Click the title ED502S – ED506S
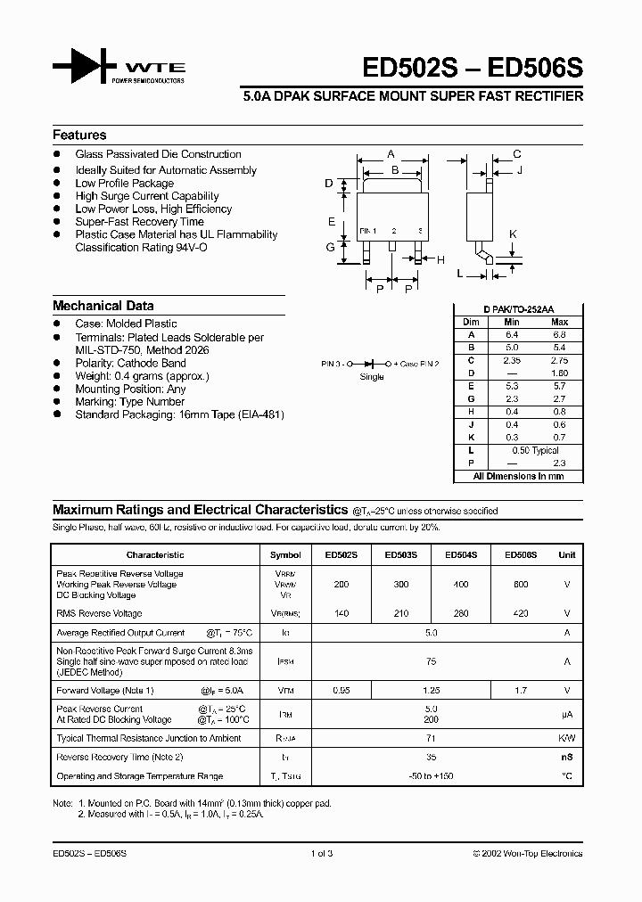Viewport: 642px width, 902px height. coord(472,69)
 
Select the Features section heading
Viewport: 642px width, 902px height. coord(79,135)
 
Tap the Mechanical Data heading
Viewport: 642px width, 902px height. coord(103,305)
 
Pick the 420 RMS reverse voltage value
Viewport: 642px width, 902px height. coord(521,613)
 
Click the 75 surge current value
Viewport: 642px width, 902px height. coord(432,662)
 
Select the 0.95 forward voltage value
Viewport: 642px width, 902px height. coord(341,690)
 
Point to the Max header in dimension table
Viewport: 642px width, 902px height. coord(559,322)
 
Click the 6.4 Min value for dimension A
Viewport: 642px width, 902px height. coord(511,334)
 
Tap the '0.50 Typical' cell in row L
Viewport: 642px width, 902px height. coord(535,451)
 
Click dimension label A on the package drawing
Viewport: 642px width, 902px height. coord(391,154)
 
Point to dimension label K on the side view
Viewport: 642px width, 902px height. coord(513,234)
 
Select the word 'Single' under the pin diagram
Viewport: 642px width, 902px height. coord(372,377)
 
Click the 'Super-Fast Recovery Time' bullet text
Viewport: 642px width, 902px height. coord(139,222)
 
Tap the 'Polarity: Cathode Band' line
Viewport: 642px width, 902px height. coord(130,364)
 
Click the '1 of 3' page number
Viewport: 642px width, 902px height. coord(321,853)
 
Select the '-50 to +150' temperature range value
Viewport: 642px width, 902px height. coord(432,776)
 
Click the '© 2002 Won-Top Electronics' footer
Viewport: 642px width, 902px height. coord(527,853)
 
